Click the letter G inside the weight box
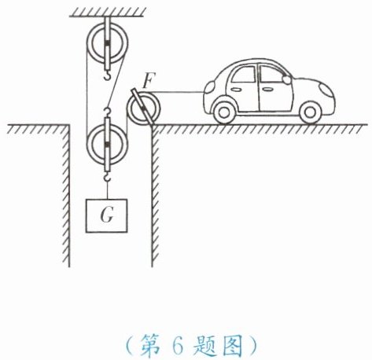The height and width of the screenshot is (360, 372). [x=107, y=215]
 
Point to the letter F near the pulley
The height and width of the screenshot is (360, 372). [x=149, y=80]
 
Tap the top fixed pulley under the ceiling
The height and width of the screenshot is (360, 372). [x=107, y=43]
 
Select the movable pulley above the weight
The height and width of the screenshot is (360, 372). [x=107, y=145]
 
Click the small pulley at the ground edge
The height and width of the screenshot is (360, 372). [x=143, y=108]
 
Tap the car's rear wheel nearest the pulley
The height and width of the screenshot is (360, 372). [x=223, y=112]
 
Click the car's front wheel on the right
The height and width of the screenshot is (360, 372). [x=310, y=112]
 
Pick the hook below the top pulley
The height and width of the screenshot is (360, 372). [x=107, y=75]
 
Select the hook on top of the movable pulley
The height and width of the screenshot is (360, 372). [x=107, y=112]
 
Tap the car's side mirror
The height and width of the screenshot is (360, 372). [x=287, y=79]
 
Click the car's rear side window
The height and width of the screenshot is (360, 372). [x=245, y=75]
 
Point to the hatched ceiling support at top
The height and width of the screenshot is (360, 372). [x=106, y=13]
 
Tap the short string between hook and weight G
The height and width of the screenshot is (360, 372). [x=107, y=190]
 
